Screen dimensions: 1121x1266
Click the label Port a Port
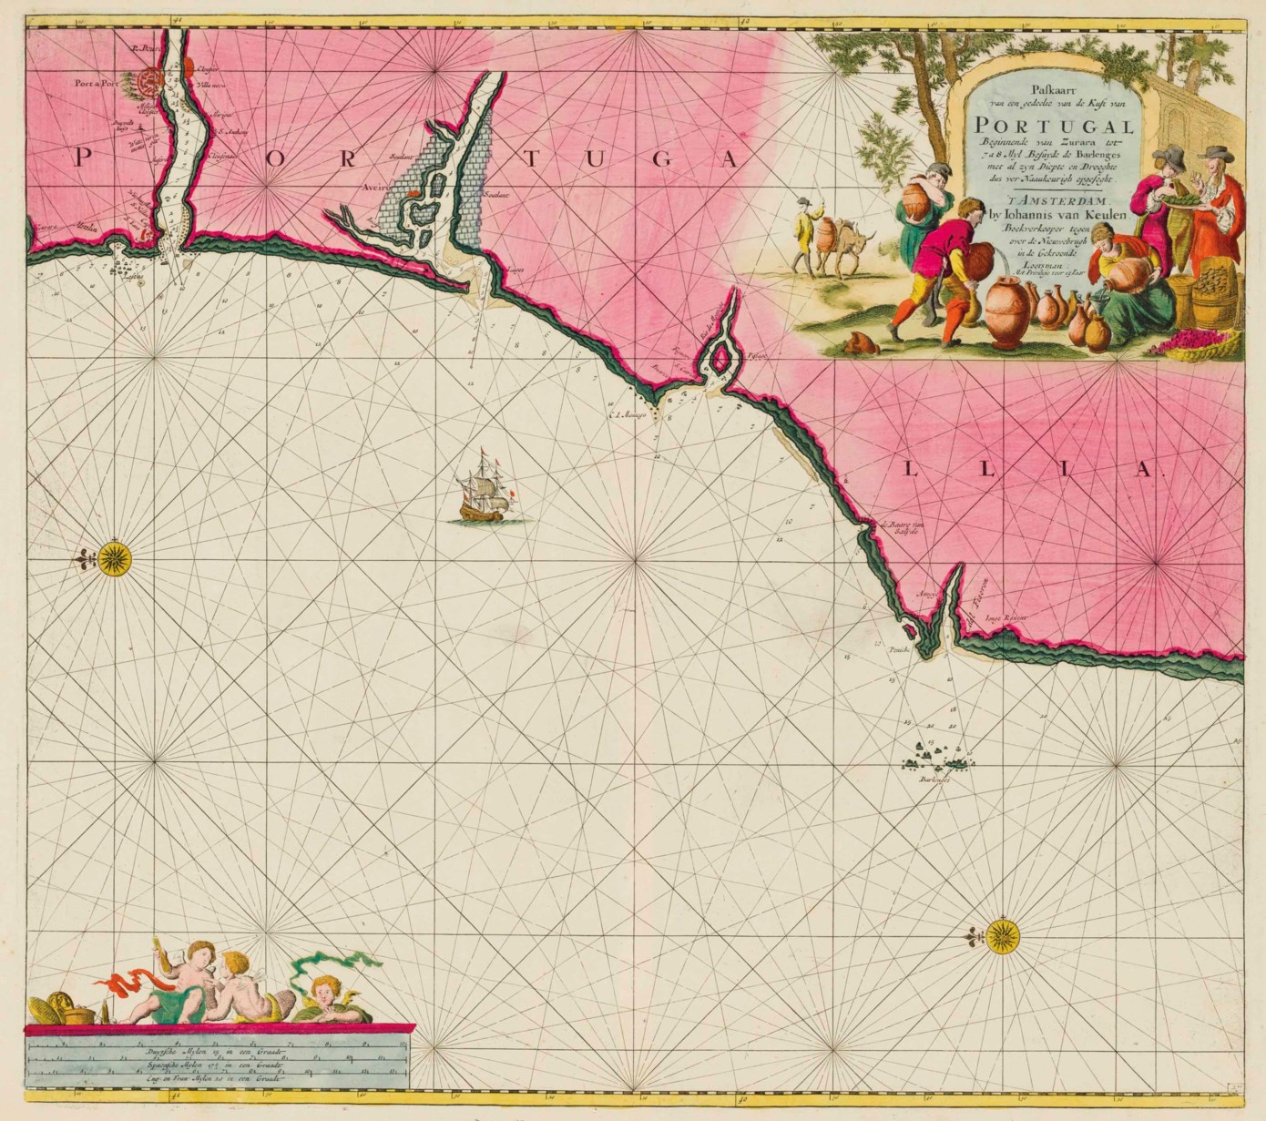pyautogui.click(x=99, y=79)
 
